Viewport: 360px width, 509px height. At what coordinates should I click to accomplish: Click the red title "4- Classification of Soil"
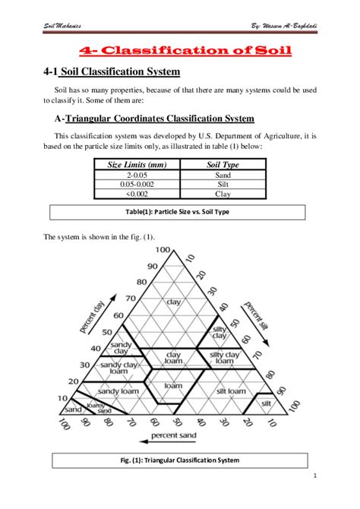(x=186, y=51)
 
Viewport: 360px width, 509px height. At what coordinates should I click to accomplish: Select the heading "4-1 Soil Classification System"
(x=112, y=73)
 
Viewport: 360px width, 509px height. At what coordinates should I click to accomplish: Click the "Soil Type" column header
(x=223, y=163)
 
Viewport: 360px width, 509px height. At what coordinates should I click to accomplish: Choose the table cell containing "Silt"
(x=223, y=184)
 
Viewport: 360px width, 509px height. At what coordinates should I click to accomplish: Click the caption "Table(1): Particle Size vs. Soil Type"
(x=179, y=211)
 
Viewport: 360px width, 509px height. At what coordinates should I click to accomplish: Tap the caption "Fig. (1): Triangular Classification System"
(x=179, y=460)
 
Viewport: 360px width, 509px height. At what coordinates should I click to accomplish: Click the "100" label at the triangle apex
(x=163, y=250)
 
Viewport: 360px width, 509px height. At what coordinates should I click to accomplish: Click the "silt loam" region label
(x=230, y=390)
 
